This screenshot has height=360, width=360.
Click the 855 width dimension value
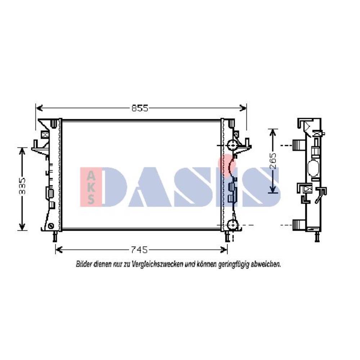[140, 108]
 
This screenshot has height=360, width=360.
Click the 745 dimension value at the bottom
[139, 249]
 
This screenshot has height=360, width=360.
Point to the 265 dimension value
[273, 161]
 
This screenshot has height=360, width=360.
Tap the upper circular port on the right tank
[232, 145]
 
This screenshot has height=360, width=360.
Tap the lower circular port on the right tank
[233, 225]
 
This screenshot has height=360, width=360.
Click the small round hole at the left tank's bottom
[51, 226]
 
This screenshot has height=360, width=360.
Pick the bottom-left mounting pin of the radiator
[55, 236]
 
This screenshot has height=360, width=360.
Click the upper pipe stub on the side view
[298, 145]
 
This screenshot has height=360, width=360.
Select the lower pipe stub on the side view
[299, 225]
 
